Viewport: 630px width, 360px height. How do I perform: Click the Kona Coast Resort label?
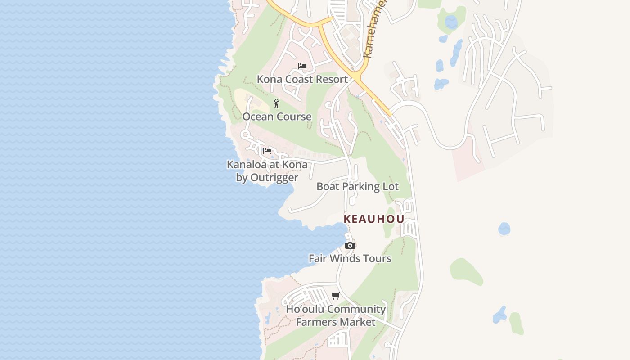click(302, 79)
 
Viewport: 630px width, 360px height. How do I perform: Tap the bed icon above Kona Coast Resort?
click(302, 66)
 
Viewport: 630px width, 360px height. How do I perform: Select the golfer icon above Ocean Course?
click(276, 103)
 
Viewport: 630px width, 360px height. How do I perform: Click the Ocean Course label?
click(277, 117)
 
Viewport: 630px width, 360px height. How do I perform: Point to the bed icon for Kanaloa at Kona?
click(267, 151)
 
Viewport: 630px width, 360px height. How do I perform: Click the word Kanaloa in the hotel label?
click(247, 165)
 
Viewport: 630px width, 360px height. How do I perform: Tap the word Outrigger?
click(274, 177)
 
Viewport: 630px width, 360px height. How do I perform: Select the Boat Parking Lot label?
click(357, 186)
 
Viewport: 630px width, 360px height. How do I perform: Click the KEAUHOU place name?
click(374, 219)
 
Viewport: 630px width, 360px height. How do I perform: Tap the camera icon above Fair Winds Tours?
click(350, 245)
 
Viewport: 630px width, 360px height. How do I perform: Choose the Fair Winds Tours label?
click(350, 258)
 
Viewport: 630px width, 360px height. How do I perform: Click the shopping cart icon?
click(335, 296)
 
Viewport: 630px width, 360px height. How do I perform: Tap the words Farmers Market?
click(335, 322)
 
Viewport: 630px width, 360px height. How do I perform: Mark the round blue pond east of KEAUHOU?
click(504, 229)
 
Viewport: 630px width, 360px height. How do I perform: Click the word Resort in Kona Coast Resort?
click(331, 79)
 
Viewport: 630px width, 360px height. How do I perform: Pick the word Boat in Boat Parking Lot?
click(328, 186)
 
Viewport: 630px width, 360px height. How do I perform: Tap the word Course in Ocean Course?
click(293, 117)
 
